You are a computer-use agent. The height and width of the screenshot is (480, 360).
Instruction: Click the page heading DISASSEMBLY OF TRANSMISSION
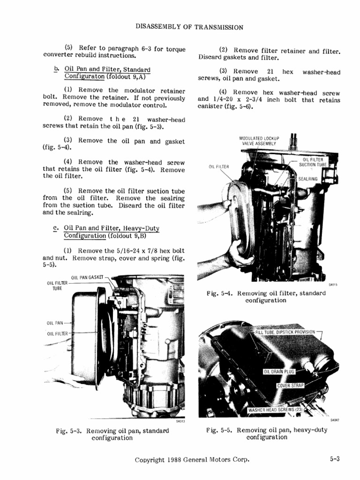(x=189, y=27)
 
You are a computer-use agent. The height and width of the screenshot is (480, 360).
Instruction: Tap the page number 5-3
(x=334, y=460)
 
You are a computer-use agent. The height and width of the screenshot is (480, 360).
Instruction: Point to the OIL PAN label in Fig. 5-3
(x=55, y=322)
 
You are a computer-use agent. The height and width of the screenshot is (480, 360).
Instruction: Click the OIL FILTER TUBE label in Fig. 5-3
(x=57, y=285)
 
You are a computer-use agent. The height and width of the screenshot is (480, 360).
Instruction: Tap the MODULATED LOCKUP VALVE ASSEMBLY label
(x=259, y=141)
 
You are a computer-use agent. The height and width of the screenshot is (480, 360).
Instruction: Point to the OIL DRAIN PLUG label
(x=279, y=372)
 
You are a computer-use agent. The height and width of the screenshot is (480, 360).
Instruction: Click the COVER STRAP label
(x=291, y=386)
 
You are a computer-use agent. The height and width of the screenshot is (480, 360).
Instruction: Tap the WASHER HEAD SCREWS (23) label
(x=275, y=410)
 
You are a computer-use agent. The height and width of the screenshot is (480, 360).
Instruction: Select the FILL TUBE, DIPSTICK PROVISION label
(x=285, y=332)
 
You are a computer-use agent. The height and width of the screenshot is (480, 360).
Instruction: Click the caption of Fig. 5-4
(x=266, y=297)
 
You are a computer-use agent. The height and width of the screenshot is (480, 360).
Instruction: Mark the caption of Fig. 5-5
(x=267, y=434)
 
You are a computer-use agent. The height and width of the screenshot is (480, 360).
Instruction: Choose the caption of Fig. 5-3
(x=112, y=434)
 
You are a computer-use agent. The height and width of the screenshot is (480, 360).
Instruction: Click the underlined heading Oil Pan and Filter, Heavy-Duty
(x=112, y=228)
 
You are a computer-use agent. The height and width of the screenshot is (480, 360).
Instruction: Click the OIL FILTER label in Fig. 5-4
(x=219, y=166)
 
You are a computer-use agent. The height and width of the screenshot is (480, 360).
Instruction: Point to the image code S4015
(x=333, y=284)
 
